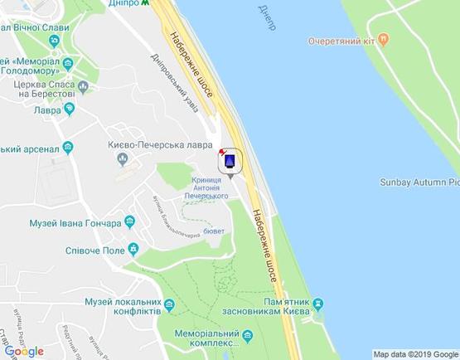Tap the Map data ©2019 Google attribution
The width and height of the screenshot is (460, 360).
pyautogui.click(x=415, y=354)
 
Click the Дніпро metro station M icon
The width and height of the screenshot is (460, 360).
pyautogui.click(x=147, y=3)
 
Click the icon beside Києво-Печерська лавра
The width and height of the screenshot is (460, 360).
pyautogui.click(x=123, y=158)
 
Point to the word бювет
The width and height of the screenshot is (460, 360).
pyautogui.click(x=214, y=231)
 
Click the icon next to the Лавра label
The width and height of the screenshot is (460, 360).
pyautogui.click(x=69, y=108)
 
